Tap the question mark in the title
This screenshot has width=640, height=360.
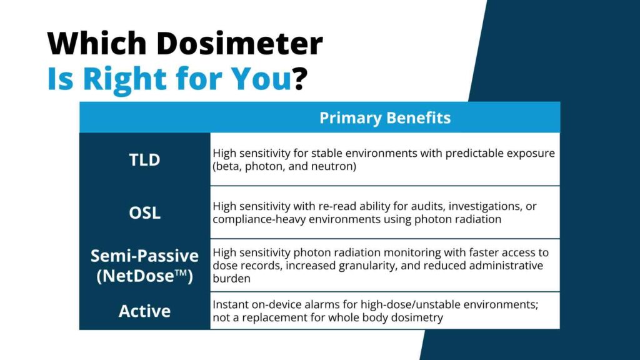(301, 79)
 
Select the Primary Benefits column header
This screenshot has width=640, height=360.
(385, 118)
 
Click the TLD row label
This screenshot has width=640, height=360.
(145, 159)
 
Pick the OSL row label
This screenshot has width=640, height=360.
(145, 212)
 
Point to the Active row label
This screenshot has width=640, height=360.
(145, 311)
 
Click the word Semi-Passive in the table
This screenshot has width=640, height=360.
(145, 256)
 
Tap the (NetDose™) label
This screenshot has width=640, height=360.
(145, 275)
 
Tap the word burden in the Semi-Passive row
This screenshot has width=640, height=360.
(231, 279)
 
